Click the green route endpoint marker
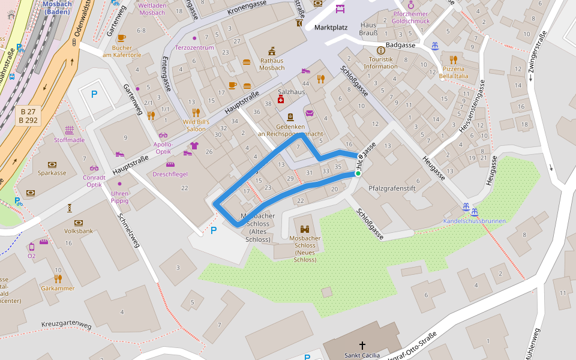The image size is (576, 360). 358,173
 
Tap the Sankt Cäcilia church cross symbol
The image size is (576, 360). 362,345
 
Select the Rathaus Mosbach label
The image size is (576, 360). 272,64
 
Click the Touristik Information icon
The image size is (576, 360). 380,50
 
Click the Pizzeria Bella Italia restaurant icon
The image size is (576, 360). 453,59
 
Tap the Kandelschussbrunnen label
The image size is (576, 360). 475,221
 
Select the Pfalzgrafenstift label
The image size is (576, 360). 392,188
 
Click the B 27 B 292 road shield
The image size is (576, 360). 29,116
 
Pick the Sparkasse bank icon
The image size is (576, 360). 52,164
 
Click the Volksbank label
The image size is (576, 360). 79,230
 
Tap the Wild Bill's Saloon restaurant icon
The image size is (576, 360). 196,113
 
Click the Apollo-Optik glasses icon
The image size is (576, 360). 163,136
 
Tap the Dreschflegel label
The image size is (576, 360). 170,174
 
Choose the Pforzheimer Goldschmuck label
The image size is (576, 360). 411,17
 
